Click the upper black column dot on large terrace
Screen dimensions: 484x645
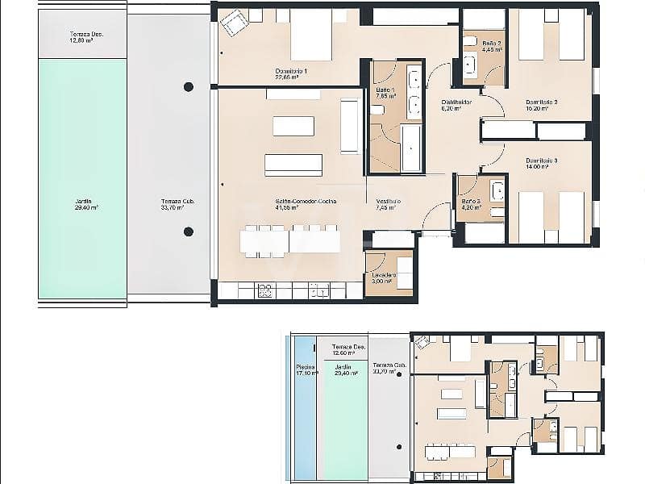[x=189, y=86]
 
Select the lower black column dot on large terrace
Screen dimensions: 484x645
[x=189, y=232]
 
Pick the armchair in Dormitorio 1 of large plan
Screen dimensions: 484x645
[x=235, y=23]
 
